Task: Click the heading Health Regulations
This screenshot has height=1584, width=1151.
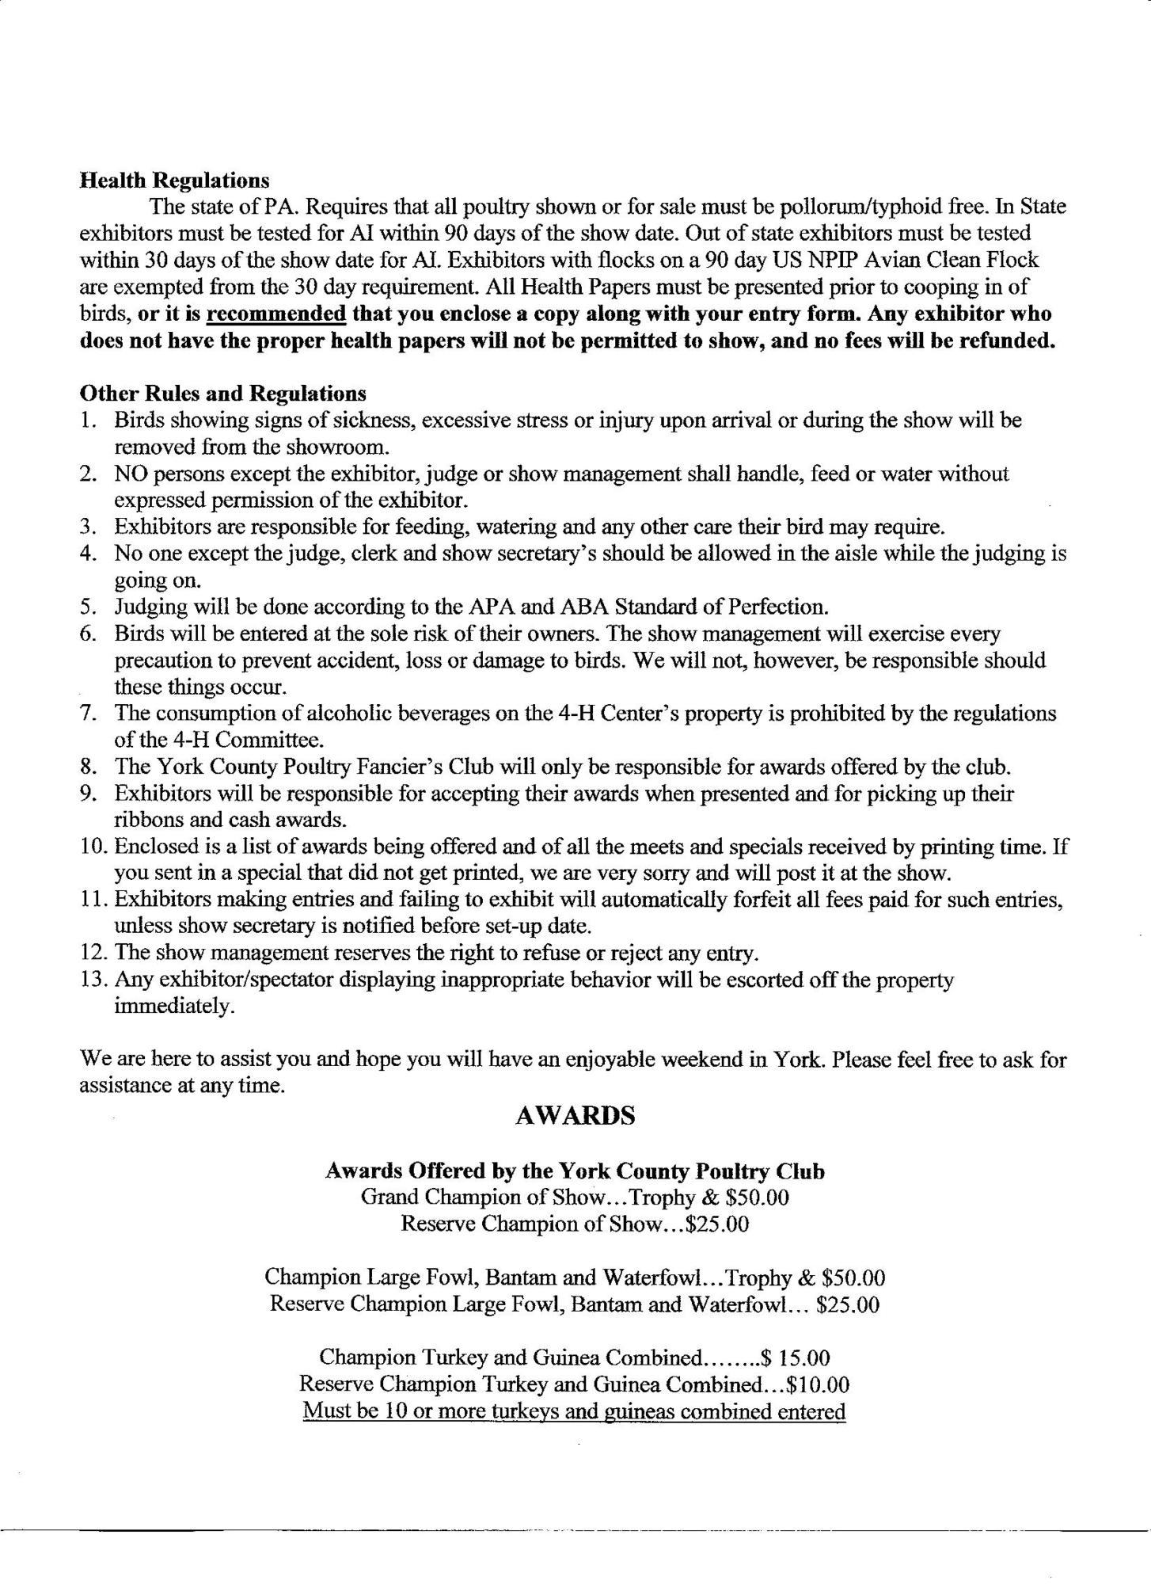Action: tap(174, 181)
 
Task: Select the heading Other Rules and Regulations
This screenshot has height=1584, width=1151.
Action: tap(222, 393)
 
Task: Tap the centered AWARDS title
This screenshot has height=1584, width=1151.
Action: tap(575, 1116)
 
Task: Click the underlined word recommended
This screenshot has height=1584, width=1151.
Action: tap(275, 314)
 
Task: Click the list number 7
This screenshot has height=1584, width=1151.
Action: tap(88, 714)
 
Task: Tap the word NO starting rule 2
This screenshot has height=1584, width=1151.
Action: tap(130, 474)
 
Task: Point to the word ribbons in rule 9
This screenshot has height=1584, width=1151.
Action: tap(146, 820)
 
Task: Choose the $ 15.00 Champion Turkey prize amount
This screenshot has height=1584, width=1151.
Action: tap(795, 1358)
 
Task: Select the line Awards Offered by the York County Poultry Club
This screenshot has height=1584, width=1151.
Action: tap(575, 1171)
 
